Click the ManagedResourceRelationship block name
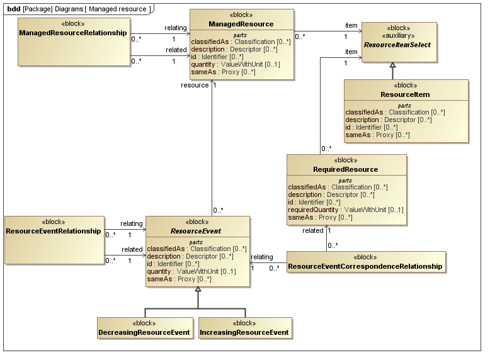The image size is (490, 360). pos(73,32)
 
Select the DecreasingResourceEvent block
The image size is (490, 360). pos(145,332)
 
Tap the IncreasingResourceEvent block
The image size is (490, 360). pos(244,332)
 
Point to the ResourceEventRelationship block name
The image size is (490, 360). pos(53,231)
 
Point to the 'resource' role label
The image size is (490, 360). pos(194,85)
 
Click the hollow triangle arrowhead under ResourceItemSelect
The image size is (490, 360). pos(392,65)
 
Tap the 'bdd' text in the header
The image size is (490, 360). pos(13,9)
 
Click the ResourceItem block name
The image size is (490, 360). pos(406,94)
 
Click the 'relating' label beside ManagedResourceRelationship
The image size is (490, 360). pos(176,28)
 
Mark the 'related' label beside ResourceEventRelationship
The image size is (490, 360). pos(132,249)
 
